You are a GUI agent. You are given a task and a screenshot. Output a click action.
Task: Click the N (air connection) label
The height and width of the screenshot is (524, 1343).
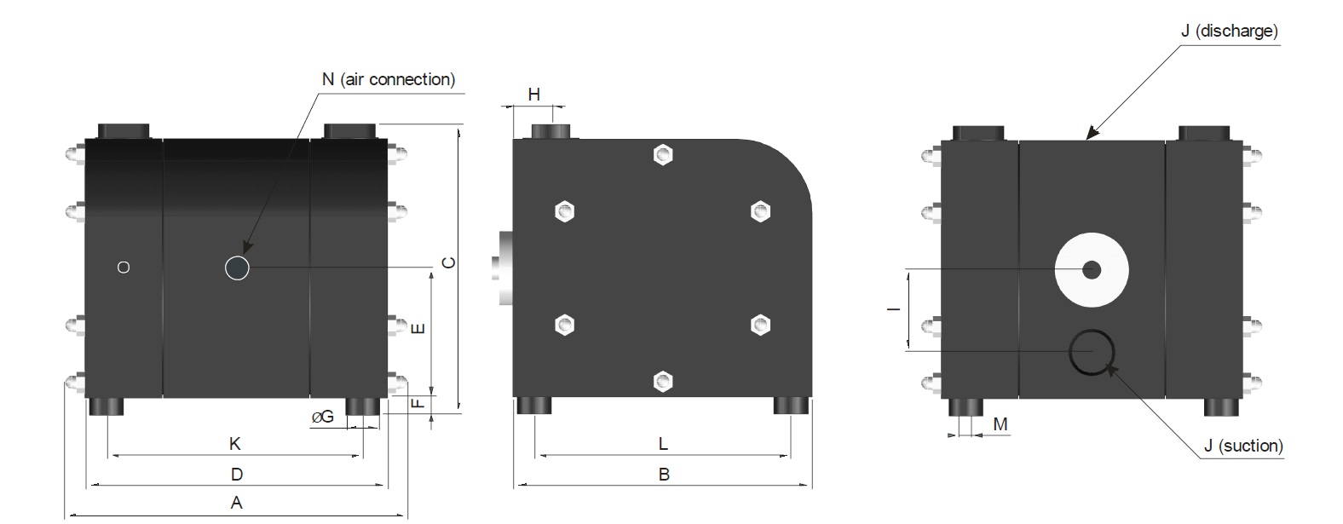(388, 79)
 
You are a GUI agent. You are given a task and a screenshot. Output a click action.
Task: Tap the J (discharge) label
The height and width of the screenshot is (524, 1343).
(1229, 31)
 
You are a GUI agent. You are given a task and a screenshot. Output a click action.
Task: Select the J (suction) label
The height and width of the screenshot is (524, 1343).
(1242, 446)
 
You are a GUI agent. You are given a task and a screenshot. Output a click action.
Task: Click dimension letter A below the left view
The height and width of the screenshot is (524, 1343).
(237, 503)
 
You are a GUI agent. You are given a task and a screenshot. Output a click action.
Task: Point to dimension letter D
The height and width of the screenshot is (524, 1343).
(237, 474)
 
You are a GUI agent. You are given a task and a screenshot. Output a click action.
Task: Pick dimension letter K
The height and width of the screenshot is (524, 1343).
(235, 444)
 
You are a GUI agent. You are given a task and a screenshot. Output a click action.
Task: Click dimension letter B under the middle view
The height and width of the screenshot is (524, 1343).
(664, 475)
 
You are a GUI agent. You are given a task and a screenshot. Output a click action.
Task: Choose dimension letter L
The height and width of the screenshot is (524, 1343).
(663, 444)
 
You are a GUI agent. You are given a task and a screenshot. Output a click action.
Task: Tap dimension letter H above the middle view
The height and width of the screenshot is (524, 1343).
(533, 95)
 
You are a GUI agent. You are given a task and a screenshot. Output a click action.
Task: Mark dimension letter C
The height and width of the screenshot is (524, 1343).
(449, 262)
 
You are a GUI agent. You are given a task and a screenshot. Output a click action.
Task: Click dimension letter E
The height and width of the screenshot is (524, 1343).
(418, 328)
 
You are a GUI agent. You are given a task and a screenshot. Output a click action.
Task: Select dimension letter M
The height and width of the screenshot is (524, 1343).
(1000, 424)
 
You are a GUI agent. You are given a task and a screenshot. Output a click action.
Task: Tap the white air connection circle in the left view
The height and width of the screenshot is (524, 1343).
(237, 268)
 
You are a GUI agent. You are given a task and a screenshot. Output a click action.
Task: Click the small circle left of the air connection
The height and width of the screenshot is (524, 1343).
(124, 268)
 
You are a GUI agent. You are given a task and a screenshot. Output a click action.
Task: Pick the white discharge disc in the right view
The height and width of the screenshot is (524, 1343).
(1092, 270)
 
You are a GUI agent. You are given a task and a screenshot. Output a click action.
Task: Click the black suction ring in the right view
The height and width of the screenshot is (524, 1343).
(1092, 352)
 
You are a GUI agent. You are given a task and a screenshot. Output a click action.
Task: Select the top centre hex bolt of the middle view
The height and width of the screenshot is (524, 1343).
(663, 155)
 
